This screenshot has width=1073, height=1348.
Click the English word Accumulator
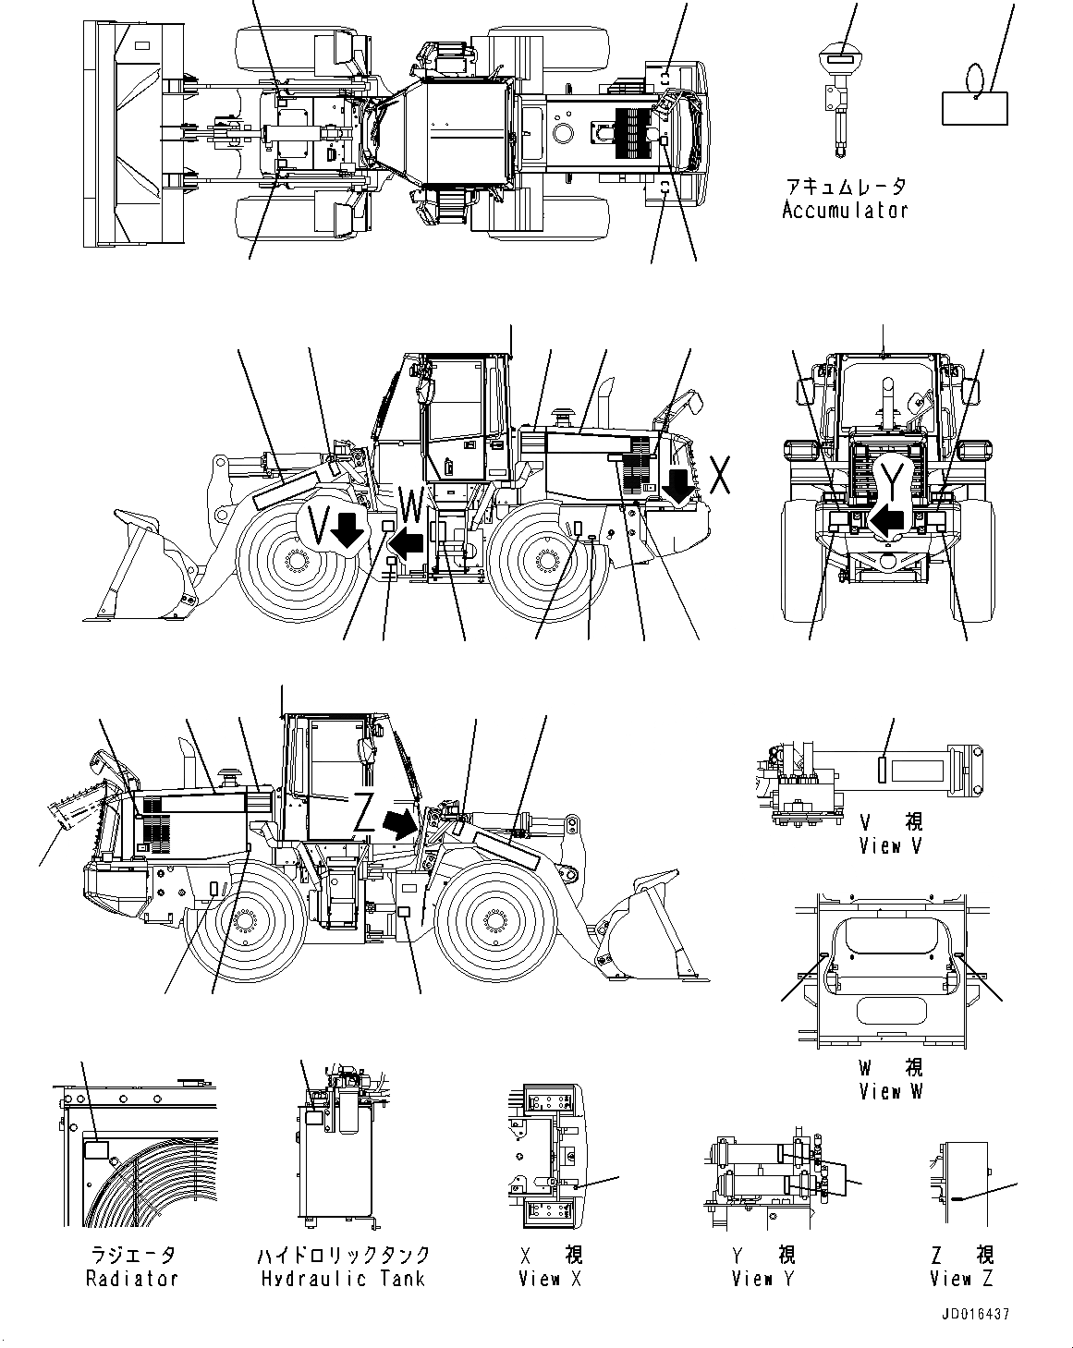pyautogui.click(x=844, y=211)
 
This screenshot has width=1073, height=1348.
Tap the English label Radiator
pyautogui.click(x=131, y=1279)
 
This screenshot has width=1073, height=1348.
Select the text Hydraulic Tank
pyautogui.click(x=343, y=1279)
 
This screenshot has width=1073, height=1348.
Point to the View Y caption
pyautogui.click(x=763, y=1279)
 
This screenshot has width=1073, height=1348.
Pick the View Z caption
pyautogui.click(x=962, y=1279)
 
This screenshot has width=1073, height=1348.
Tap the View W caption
pyautogui.click(x=891, y=1091)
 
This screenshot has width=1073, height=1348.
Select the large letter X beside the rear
pyautogui.click(x=722, y=475)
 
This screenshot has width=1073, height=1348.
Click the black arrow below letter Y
pyautogui.click(x=890, y=520)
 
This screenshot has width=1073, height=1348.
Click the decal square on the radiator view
pyautogui.click(x=96, y=1150)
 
